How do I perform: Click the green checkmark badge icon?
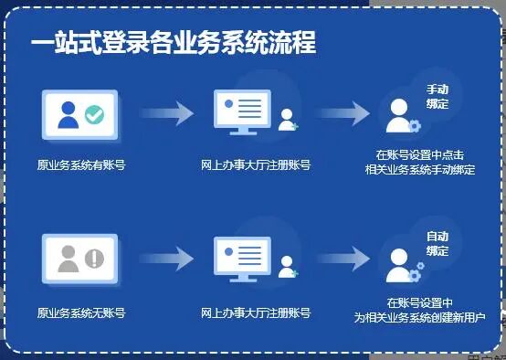[x=94, y=116]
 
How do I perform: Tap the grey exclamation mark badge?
[x=94, y=259]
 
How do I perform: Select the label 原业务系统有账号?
[x=80, y=165]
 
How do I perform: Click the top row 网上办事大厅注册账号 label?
[x=255, y=165]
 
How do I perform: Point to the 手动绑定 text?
[x=437, y=98]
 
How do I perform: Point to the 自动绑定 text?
[x=437, y=243]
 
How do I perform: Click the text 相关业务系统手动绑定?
[x=419, y=171]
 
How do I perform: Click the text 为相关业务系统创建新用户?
[x=419, y=317]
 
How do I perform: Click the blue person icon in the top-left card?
[x=68, y=115]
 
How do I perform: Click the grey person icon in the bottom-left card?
[x=68, y=259]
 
